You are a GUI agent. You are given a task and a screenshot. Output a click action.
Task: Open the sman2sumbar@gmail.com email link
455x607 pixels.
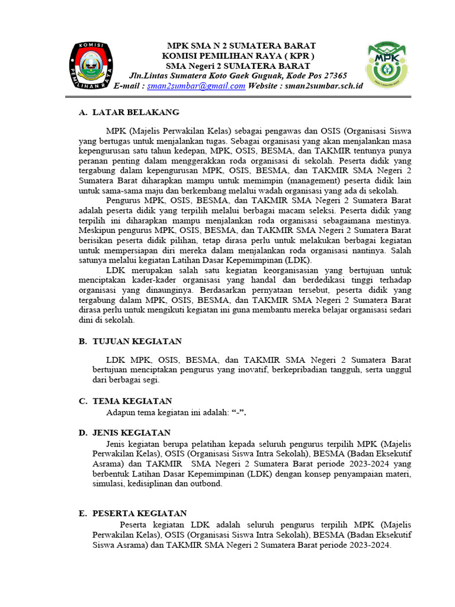(196, 86)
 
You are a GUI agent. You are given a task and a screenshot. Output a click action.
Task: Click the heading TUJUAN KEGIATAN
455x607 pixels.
(137, 341)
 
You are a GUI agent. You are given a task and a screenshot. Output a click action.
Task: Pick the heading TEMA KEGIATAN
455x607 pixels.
(132, 401)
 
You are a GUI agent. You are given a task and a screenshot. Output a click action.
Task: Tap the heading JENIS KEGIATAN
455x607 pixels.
(132, 433)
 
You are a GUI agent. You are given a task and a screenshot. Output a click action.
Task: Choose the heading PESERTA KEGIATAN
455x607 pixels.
(140, 513)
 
